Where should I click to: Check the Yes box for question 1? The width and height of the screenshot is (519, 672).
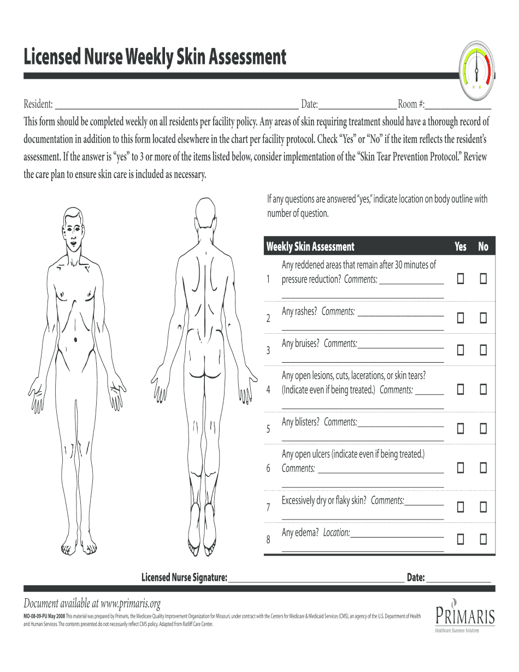461,279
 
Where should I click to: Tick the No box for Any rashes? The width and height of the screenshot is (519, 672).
483,317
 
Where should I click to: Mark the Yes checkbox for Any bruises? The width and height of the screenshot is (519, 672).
461,350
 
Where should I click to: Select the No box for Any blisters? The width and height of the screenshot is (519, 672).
483,428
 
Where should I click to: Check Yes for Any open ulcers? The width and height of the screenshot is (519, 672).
461,468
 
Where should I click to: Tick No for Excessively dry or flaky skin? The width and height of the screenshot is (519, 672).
483,508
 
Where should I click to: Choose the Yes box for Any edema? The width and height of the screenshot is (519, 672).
461,539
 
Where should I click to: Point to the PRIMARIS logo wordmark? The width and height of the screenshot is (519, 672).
465,616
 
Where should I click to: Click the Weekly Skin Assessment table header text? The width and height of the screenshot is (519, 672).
310,247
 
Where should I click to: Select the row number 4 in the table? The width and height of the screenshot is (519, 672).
268,390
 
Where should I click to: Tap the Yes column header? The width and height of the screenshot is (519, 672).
461,247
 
